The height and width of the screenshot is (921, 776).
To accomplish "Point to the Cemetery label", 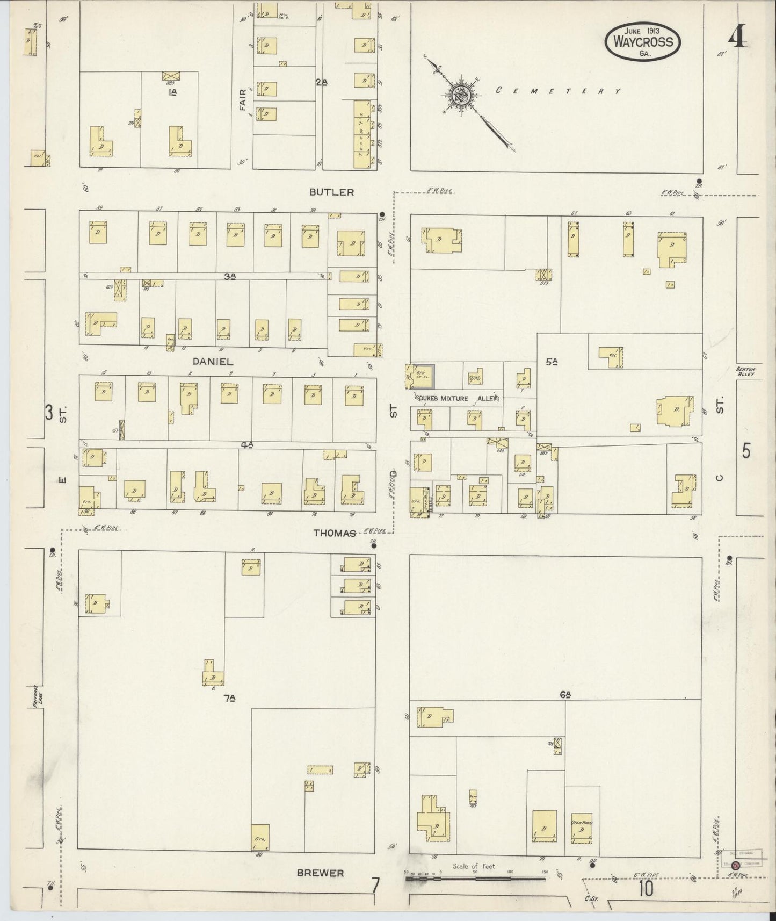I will [558, 91].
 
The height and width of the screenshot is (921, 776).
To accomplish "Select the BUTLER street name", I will [332, 192].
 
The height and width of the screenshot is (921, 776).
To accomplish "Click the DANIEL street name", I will [213, 362].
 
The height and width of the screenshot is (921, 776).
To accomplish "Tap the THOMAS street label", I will [335, 533].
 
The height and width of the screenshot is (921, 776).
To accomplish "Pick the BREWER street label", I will [320, 873].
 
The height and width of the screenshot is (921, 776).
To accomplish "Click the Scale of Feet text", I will [474, 866].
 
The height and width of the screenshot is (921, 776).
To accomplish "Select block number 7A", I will [230, 699].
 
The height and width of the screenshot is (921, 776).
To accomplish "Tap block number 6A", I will [564, 695].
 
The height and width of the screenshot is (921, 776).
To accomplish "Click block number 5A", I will [551, 362].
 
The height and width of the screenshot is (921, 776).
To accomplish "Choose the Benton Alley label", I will [745, 371].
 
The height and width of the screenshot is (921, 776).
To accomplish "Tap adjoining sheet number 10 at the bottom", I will [646, 889].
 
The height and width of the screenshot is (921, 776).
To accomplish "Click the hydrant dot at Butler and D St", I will [382, 214].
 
